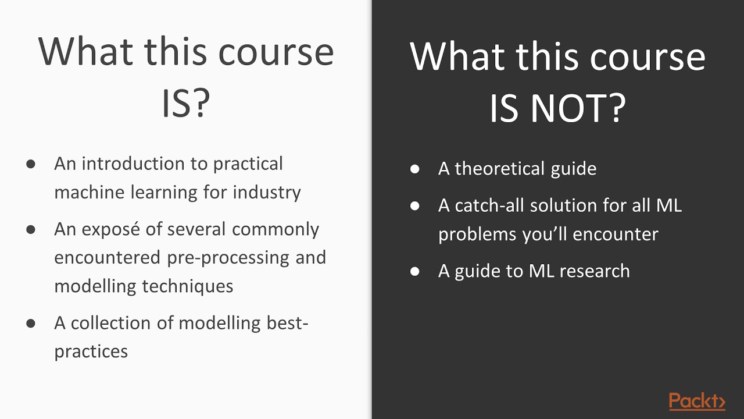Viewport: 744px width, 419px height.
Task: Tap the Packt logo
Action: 697,402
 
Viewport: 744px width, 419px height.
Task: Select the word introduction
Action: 145,164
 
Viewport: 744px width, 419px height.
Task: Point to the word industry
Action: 267,192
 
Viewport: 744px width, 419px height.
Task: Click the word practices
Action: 91,351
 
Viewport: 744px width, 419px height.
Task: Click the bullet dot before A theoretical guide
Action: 414,169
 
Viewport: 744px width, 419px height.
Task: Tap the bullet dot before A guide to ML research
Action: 414,272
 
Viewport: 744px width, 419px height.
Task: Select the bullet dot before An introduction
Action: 31,164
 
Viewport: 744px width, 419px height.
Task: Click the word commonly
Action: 276,229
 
